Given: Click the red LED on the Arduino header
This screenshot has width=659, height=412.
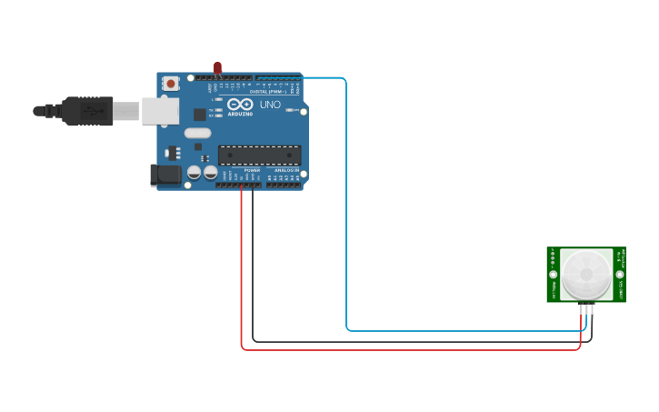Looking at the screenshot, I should pos(217,67).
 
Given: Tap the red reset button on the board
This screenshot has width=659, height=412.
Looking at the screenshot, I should pos(171,84).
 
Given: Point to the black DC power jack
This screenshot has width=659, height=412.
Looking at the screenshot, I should pos(165,175).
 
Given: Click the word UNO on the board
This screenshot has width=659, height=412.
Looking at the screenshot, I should pos(270,105).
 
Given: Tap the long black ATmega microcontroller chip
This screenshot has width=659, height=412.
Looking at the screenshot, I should pos(259,155).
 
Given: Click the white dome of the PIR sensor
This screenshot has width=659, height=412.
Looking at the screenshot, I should pos(586,274).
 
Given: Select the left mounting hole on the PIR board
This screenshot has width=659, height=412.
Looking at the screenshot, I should pos(553,274).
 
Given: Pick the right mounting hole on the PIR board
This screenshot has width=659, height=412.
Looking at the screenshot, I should pos(620,274).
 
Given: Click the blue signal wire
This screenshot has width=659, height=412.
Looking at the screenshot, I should pos(346,227).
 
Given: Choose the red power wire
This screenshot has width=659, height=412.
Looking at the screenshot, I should pos(242,273).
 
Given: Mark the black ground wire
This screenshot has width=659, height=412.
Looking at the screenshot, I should pos(253,273).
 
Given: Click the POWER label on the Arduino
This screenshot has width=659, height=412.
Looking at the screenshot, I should pos(252,170).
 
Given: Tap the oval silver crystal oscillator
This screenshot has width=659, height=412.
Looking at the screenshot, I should pos(197,133).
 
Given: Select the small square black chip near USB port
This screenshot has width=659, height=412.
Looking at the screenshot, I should pos(199,115).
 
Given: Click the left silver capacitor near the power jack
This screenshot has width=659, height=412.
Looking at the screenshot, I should pos(194,171).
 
